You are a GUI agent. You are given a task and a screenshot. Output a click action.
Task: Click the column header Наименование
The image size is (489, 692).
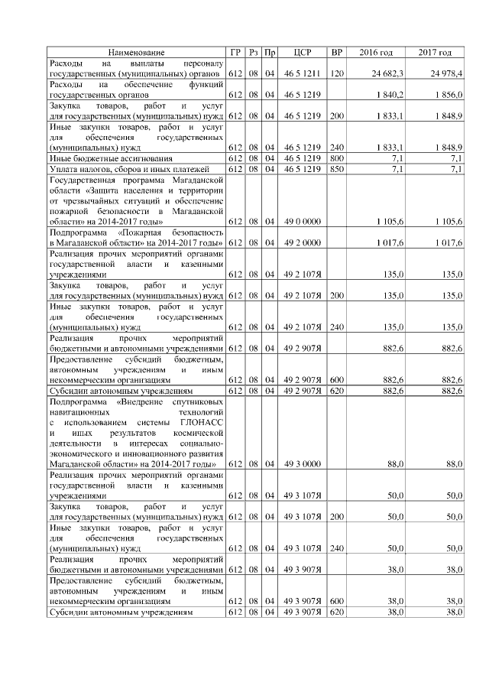137,52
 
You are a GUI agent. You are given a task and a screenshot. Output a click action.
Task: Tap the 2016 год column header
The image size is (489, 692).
376,52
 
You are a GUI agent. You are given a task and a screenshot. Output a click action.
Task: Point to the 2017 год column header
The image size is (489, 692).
435,52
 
